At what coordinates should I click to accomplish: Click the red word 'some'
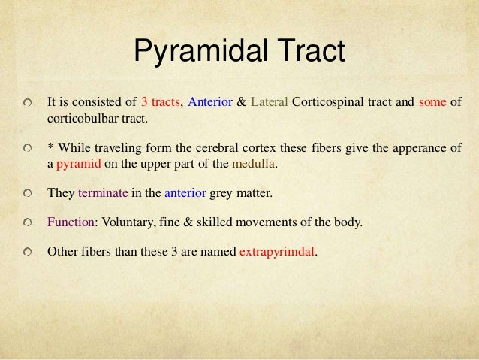click(432, 103)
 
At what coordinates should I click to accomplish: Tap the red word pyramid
click(77, 161)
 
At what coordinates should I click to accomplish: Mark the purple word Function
click(70, 222)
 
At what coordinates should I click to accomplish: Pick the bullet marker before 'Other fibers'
click(28, 253)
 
